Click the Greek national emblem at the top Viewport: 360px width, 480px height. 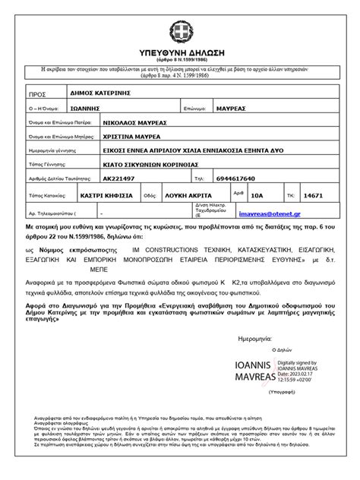click(180, 16)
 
